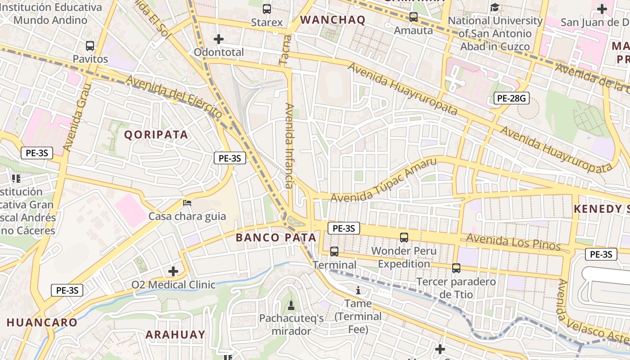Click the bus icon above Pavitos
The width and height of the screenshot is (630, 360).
[90, 45]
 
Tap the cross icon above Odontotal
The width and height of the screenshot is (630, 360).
[219, 39]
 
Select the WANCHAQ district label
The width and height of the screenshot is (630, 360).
[333, 20]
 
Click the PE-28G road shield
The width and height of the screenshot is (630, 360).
[511, 98]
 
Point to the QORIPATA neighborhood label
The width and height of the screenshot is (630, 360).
[156, 135]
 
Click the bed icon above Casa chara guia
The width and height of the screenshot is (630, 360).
[187, 203]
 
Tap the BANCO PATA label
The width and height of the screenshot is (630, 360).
[276, 238]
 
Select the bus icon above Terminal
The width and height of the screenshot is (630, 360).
[334, 251]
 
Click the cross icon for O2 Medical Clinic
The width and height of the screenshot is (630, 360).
[173, 271]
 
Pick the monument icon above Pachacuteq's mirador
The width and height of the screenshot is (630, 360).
[291, 305]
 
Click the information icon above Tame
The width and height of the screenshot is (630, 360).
[358, 290]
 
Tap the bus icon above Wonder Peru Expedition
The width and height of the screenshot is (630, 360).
[404, 237]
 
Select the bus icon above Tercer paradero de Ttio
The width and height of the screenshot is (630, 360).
[456, 268]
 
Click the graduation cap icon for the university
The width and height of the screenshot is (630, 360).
[495, 8]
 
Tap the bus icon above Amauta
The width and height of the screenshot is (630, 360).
[413, 17]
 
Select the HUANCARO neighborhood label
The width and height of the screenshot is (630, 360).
[42, 323]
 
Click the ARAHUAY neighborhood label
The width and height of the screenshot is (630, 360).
[175, 334]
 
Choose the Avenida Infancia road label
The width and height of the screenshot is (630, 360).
[289, 146]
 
